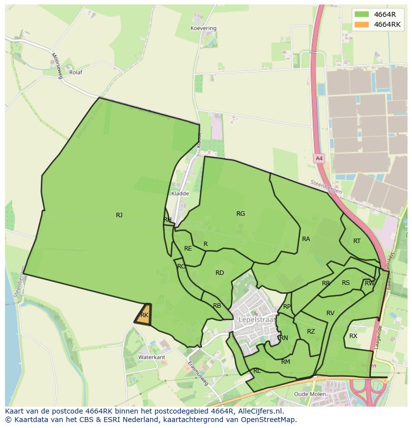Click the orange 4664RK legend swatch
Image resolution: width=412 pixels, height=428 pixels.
[x=362, y=25]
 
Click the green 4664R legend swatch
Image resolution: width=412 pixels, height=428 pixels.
[x=362, y=14]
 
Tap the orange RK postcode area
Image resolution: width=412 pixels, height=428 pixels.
[x=143, y=315]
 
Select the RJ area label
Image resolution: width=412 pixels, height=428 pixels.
[x=119, y=215]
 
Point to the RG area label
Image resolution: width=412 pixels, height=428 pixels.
[x=241, y=214]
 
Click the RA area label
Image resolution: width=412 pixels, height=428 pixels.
[x=306, y=239]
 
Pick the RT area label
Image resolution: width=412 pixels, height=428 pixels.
[x=357, y=241]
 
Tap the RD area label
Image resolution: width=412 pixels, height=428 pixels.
[x=219, y=273]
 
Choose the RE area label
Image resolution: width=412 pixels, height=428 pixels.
[x=188, y=249]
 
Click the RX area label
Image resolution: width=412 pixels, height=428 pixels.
[x=353, y=336]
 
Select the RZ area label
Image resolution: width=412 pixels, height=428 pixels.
[x=311, y=332]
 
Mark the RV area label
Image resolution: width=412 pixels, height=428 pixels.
[x=330, y=313]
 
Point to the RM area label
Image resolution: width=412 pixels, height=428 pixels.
[x=286, y=362]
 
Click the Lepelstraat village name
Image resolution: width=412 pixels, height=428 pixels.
[x=257, y=319]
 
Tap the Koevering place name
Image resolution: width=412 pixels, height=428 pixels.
[x=204, y=28]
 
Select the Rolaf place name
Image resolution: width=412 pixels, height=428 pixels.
[x=76, y=72]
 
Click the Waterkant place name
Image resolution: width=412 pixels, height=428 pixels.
[x=152, y=357]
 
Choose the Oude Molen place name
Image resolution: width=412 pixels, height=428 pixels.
[x=310, y=394]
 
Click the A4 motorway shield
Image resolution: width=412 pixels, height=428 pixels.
[x=319, y=159]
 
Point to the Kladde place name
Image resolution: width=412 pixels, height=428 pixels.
[x=180, y=193]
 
